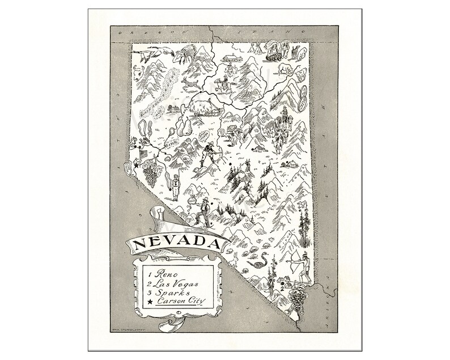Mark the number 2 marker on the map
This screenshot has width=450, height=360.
pyautogui.click(x=282, y=287)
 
